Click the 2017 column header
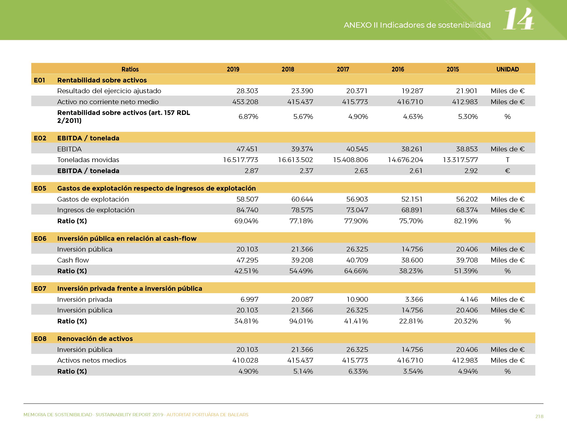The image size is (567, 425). [343, 69]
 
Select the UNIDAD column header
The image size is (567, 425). [508, 69]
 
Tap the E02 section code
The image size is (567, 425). [40, 138]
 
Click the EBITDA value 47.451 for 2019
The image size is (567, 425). [247, 149]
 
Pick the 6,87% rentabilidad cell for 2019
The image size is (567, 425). [248, 117]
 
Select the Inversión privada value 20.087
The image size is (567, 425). [302, 299]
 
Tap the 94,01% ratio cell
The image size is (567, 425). [301, 321]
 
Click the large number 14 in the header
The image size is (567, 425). [518, 19]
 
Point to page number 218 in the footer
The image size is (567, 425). [539, 416]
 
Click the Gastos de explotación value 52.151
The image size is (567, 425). [412, 199]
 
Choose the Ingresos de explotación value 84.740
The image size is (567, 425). [247, 210]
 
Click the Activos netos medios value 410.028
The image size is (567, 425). [245, 360]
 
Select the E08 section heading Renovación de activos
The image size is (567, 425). [95, 339]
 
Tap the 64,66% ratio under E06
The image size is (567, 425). [356, 271]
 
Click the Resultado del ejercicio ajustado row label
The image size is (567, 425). [109, 91]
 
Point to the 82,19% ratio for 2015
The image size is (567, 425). [466, 221]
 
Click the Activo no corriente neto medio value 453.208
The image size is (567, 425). [245, 102]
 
